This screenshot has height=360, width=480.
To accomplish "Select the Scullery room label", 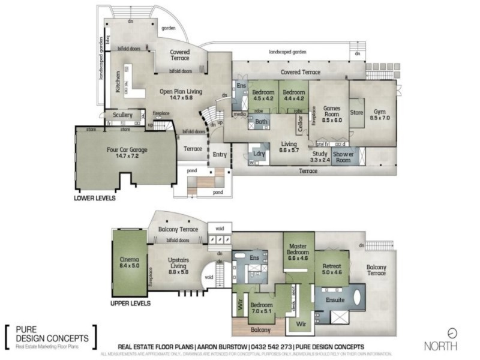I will (122, 115).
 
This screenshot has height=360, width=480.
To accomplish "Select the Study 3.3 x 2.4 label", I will (320, 157).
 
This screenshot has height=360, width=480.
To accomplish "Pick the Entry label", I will (220, 155).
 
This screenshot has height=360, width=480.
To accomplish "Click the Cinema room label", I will (130, 262).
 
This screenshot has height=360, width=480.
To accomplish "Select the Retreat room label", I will (332, 268).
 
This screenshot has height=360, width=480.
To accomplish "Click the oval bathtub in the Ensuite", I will (358, 298).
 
